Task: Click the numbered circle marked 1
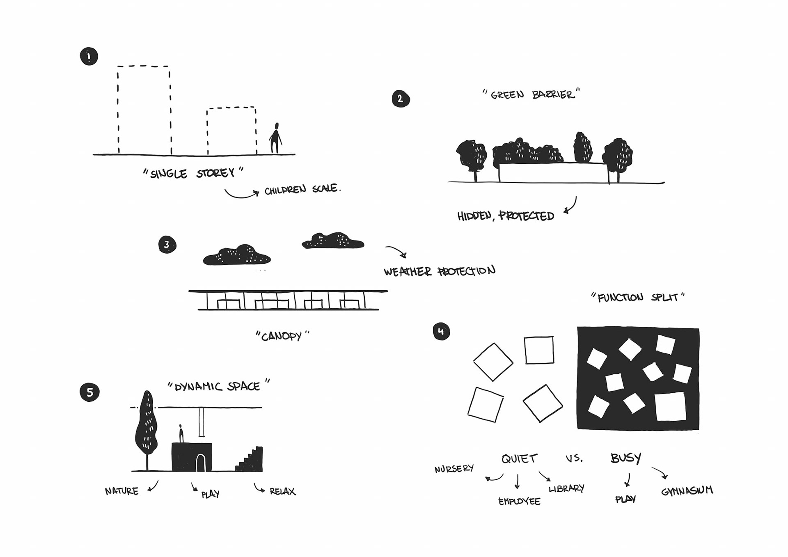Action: (x=89, y=57)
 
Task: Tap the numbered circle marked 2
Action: (x=401, y=99)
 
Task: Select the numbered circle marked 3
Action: (x=167, y=245)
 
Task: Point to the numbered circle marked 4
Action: (x=441, y=331)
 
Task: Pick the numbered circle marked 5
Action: (x=89, y=392)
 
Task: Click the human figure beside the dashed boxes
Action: (x=276, y=138)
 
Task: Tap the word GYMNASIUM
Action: (x=687, y=491)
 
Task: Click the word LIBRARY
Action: (x=566, y=488)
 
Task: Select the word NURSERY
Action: (x=454, y=468)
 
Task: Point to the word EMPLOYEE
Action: (x=519, y=501)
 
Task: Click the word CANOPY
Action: (x=282, y=337)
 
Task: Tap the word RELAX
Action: (x=282, y=491)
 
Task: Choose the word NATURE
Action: (x=121, y=491)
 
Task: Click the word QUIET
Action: (x=519, y=458)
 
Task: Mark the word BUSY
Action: (x=625, y=458)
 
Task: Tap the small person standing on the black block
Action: (x=181, y=434)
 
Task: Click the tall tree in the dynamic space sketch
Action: (x=146, y=423)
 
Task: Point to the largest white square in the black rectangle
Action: (x=670, y=406)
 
